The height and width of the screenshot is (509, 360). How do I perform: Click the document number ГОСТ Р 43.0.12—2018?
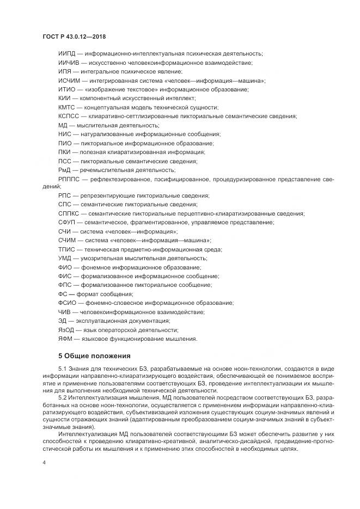(74, 36)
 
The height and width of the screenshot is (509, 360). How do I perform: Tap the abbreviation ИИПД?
(66, 53)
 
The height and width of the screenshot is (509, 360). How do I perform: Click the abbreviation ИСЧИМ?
(68, 80)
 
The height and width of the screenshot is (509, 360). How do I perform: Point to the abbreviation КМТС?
(66, 107)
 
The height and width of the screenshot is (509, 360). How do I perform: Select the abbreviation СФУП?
(66, 222)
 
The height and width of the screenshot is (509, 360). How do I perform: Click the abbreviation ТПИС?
(66, 249)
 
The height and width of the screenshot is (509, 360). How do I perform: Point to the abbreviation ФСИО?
(66, 302)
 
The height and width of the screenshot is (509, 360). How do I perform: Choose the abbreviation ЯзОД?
(65, 329)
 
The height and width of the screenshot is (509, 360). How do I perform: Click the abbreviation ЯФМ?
(64, 339)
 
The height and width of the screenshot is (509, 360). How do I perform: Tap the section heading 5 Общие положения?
(87, 356)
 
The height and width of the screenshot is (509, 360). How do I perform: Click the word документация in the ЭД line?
(151, 321)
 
